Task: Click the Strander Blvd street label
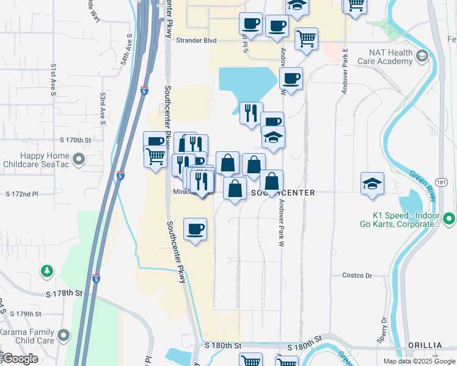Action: point(196,41)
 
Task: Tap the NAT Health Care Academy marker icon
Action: point(422,57)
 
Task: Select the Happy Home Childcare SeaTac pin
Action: point(78,160)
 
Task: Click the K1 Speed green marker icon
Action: point(449,218)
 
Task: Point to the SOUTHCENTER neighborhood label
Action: point(283,193)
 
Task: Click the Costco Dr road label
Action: point(357,276)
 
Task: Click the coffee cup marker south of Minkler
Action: point(195,229)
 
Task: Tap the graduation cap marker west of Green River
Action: point(372,183)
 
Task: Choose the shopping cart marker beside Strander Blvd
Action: point(306,38)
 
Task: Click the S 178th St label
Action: point(64,293)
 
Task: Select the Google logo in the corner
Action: point(20,359)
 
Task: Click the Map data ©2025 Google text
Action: point(419,361)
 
